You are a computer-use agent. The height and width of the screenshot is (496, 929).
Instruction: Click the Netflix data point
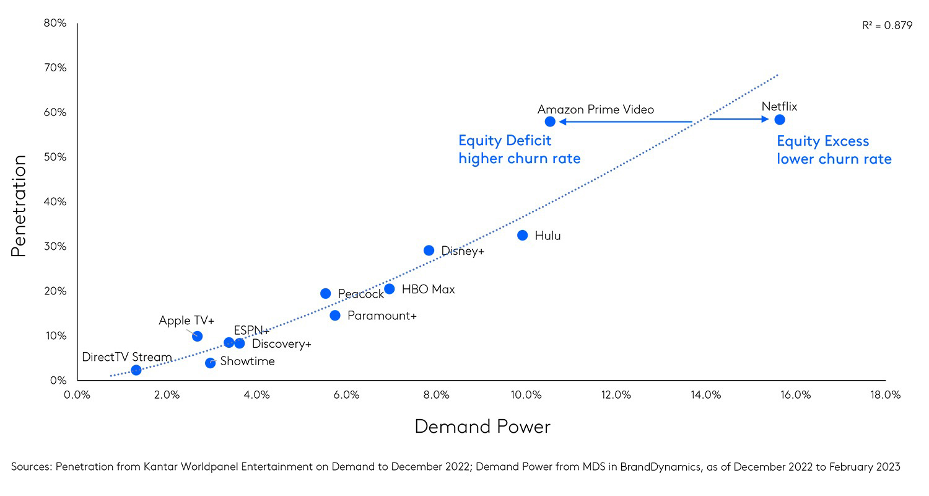pyautogui.click(x=780, y=119)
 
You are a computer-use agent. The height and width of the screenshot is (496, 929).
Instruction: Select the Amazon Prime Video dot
pyautogui.click(x=550, y=122)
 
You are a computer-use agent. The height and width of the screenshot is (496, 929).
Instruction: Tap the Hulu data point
pyautogui.click(x=523, y=236)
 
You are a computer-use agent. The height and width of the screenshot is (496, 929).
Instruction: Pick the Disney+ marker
pyautogui.click(x=429, y=250)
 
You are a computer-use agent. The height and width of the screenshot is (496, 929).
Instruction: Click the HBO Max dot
pyautogui.click(x=389, y=289)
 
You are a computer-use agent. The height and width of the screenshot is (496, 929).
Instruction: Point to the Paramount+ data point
pyautogui.click(x=335, y=316)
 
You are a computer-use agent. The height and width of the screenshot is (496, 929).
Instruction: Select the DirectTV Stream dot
pyautogui.click(x=136, y=370)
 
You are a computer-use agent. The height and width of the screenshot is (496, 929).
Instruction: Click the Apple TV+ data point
pyautogui.click(x=197, y=336)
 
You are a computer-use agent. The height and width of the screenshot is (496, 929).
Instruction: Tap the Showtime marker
pyautogui.click(x=210, y=363)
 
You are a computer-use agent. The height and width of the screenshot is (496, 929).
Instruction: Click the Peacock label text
pyautogui.click(x=361, y=294)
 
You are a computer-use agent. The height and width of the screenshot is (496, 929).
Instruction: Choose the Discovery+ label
pyautogui.click(x=282, y=344)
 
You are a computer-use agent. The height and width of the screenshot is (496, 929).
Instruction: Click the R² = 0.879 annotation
pyautogui.click(x=887, y=26)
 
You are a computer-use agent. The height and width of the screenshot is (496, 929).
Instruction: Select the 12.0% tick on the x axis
pyautogui.click(x=616, y=395)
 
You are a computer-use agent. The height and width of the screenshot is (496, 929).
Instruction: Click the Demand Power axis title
pyautogui.click(x=482, y=427)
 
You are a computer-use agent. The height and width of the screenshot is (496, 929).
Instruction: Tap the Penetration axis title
pyautogui.click(x=18, y=206)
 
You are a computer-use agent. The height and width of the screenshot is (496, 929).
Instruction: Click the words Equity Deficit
pyautogui.click(x=505, y=141)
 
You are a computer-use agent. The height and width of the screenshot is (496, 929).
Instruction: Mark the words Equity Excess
pyautogui.click(x=823, y=141)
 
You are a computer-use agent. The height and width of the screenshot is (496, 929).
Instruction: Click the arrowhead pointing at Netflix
pyautogui.click(x=765, y=119)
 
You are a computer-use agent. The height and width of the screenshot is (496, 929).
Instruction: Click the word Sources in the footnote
pyautogui.click(x=31, y=467)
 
